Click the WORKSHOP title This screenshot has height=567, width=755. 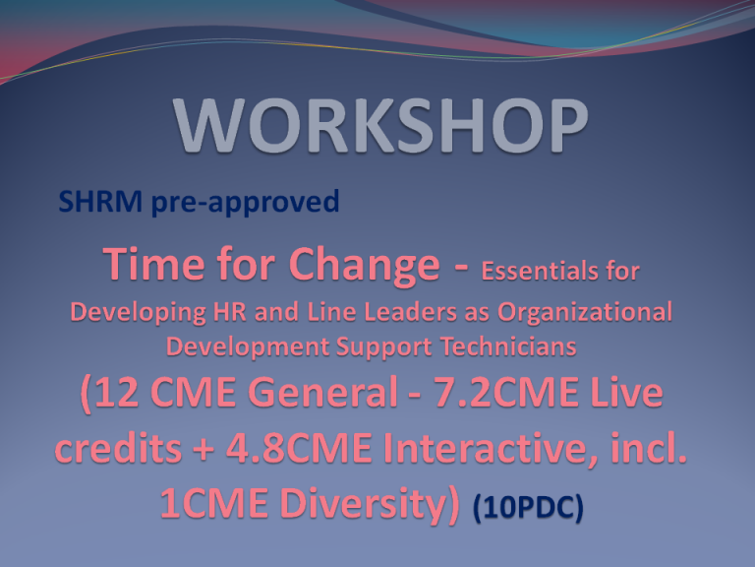[380, 125]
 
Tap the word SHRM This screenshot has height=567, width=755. [100, 201]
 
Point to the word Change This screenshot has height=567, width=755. [365, 266]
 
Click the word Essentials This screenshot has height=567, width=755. [540, 271]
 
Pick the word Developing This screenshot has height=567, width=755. [139, 312]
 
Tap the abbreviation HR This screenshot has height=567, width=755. [230, 312]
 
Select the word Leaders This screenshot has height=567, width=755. [410, 312]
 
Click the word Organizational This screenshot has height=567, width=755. [585, 312]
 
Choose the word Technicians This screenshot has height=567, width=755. [508, 346]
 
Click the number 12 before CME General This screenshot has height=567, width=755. [122, 392]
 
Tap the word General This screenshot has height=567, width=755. [323, 392]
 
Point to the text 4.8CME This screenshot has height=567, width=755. [299, 448]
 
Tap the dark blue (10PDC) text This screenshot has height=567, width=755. [528, 509]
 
